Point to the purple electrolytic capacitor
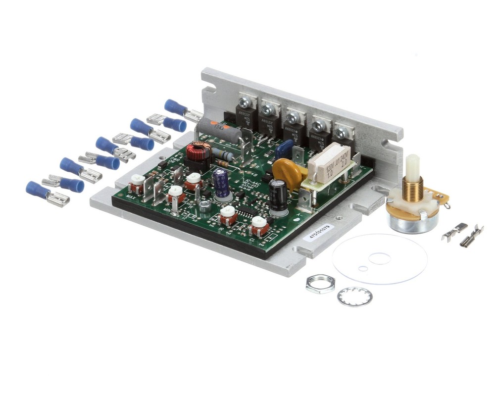[221, 183]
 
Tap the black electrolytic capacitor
[277, 195]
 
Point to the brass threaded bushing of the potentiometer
[412, 189]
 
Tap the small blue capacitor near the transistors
[284, 149]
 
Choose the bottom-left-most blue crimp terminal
[38, 191]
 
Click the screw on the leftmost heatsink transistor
[244, 103]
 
